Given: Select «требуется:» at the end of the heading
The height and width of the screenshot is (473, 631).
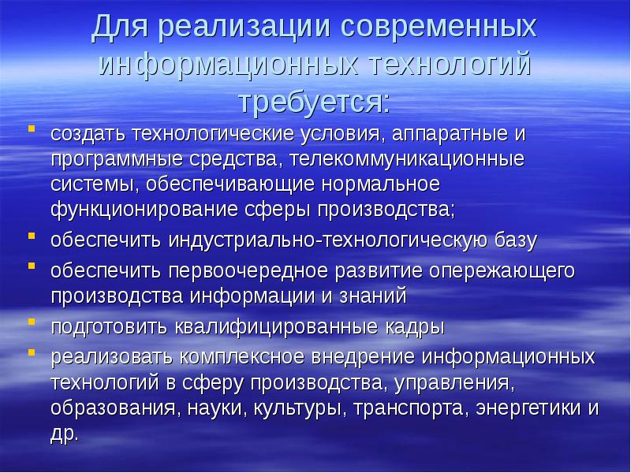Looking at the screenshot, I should pyautogui.click(x=315, y=102).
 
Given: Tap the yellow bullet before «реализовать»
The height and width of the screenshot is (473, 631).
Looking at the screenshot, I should pyautogui.click(x=32, y=351).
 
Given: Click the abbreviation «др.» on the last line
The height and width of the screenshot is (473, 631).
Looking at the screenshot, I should pyautogui.click(x=65, y=435).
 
